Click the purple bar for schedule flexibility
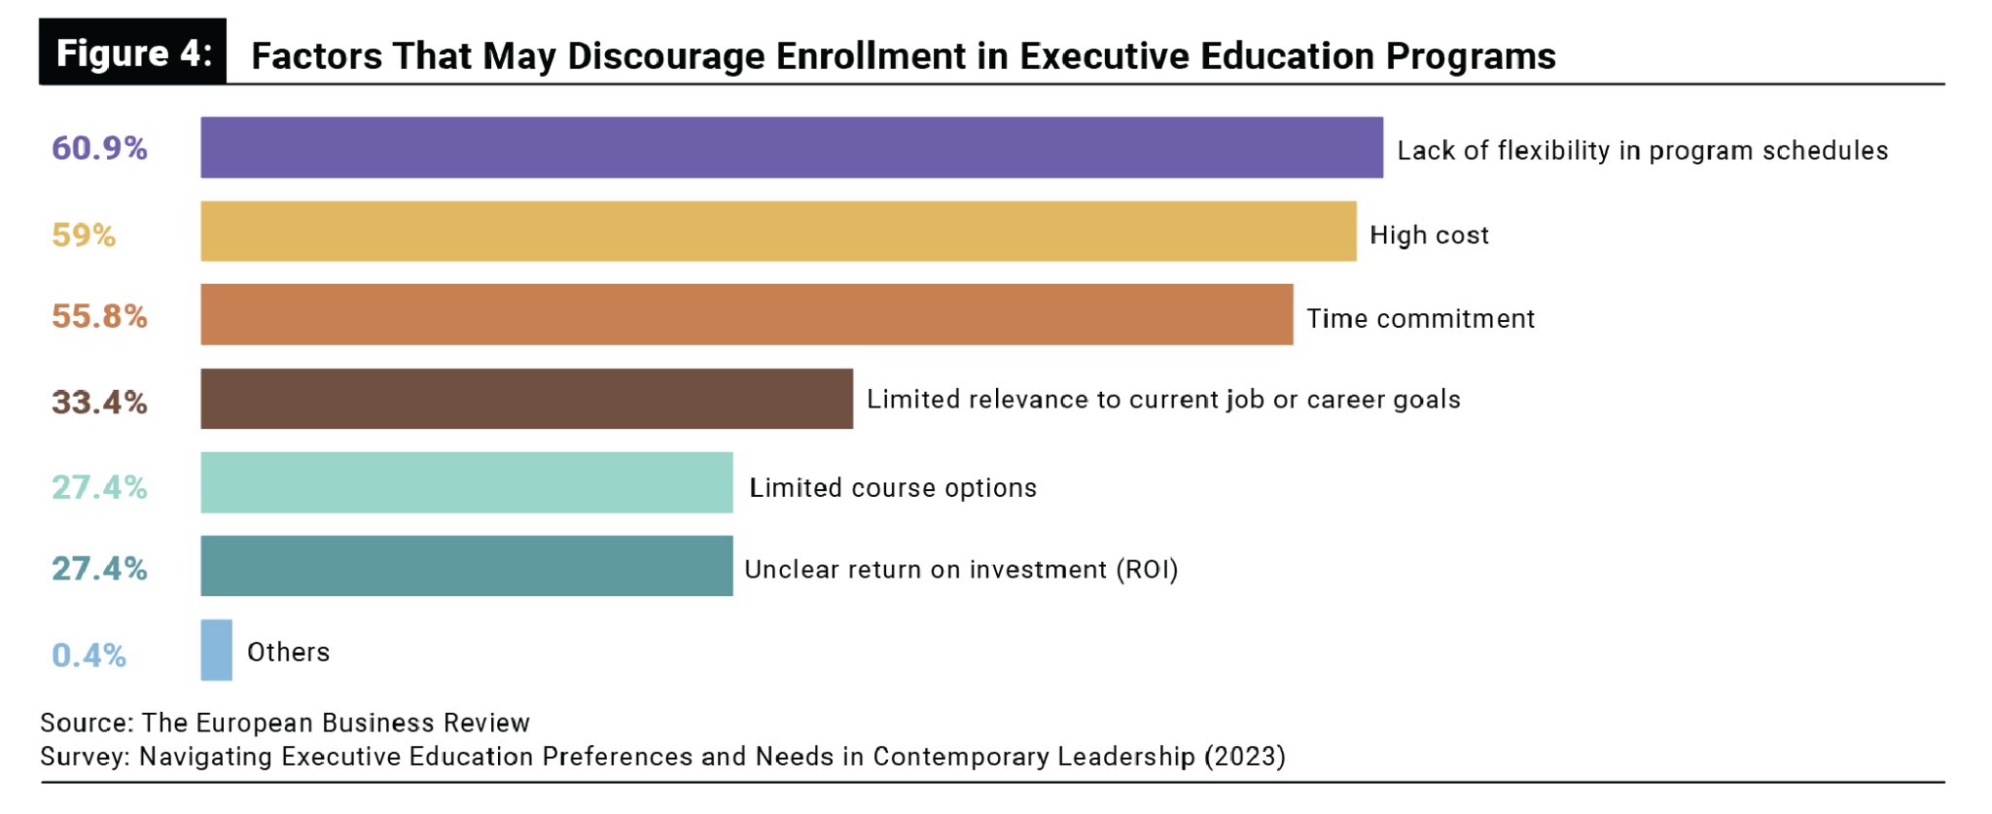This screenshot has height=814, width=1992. (x=791, y=148)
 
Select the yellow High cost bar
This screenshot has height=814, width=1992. (x=778, y=231)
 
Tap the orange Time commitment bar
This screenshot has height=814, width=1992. (x=746, y=314)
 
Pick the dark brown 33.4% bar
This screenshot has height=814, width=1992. (x=526, y=399)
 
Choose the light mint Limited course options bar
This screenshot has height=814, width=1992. (x=466, y=482)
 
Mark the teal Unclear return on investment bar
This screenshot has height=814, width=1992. (x=466, y=566)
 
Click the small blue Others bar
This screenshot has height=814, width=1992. (x=216, y=650)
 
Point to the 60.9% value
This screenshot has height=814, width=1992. (x=99, y=148)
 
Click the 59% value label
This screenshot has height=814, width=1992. (x=84, y=234)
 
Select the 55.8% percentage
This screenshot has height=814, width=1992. (x=99, y=316)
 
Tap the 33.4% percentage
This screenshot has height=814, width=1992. (x=99, y=402)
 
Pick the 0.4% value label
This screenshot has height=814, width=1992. (x=89, y=655)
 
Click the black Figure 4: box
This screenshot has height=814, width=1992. (x=133, y=53)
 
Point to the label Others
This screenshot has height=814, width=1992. (x=288, y=652)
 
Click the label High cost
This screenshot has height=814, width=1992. (x=1429, y=235)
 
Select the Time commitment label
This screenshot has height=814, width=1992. (x=1420, y=319)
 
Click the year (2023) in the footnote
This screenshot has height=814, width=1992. (x=1244, y=757)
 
